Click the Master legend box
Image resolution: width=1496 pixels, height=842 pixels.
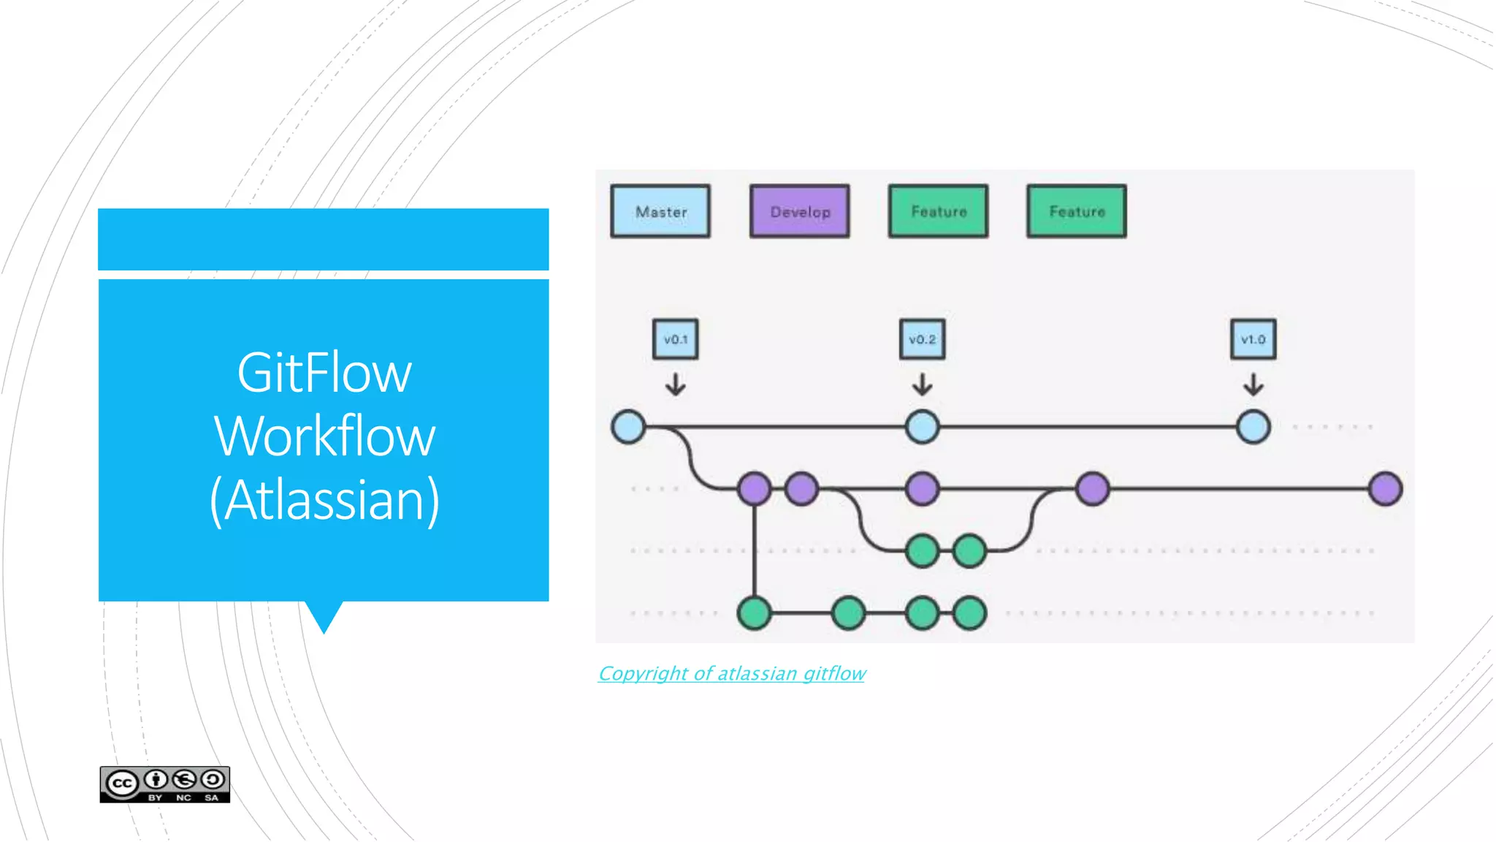coord(660,211)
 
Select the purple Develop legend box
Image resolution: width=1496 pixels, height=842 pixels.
coord(799,211)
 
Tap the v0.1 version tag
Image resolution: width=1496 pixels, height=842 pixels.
coord(675,339)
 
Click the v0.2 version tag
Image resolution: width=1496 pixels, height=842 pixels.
coord(922,339)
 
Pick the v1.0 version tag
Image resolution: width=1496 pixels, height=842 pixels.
coord(1253,339)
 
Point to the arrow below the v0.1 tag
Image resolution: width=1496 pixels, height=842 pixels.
coord(675,384)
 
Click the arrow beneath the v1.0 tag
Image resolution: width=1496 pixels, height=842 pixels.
coord(1253,384)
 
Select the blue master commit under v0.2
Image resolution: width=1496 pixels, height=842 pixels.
coord(922,427)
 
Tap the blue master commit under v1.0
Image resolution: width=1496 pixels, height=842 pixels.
coord(1253,427)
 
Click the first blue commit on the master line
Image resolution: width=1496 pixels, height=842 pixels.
coord(628,427)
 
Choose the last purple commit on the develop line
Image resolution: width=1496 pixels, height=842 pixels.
coord(1385,489)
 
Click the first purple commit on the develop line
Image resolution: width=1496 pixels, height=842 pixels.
coord(754,489)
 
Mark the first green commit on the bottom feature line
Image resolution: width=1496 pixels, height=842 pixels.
coord(754,613)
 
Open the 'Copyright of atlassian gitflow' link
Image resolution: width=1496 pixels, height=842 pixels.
coord(731,673)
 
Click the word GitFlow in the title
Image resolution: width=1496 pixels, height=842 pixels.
coord(324,373)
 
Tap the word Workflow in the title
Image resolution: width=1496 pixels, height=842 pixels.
coord(324,436)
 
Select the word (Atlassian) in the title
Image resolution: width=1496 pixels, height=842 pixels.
coord(324,500)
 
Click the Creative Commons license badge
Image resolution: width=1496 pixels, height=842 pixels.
coord(165,784)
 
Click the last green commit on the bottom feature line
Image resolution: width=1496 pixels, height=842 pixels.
coord(969,613)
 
